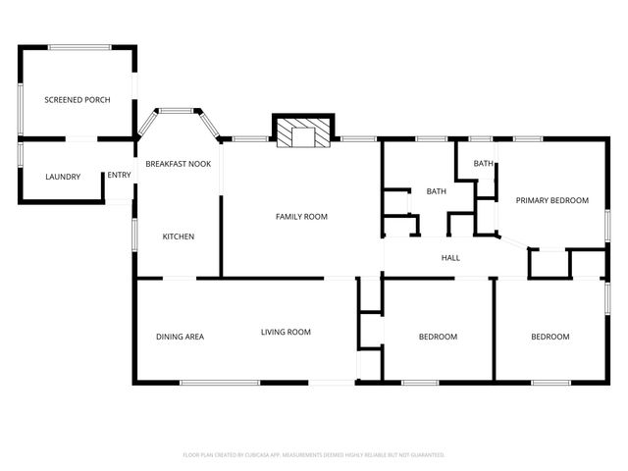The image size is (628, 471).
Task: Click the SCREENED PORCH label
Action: (x=77, y=100)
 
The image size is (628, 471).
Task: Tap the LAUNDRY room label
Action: (x=63, y=177)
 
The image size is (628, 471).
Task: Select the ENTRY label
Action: (x=119, y=176)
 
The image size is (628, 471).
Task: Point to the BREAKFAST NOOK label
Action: (x=179, y=164)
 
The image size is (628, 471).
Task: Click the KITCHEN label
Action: (x=178, y=236)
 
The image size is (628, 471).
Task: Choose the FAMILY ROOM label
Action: (x=301, y=216)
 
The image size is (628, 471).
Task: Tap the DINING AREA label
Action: (x=180, y=337)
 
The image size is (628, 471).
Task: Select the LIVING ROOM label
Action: (x=286, y=332)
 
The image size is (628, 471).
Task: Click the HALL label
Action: (x=450, y=258)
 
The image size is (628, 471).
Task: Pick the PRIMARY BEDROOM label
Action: (x=551, y=200)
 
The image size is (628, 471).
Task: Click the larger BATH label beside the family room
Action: (x=436, y=191)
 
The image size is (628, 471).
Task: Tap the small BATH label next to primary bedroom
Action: (x=483, y=164)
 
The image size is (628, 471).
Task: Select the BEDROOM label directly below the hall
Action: (x=438, y=337)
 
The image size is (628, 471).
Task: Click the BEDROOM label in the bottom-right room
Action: (x=549, y=337)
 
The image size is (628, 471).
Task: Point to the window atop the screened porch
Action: (x=80, y=45)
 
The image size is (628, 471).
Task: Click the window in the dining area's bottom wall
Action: (x=221, y=382)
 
